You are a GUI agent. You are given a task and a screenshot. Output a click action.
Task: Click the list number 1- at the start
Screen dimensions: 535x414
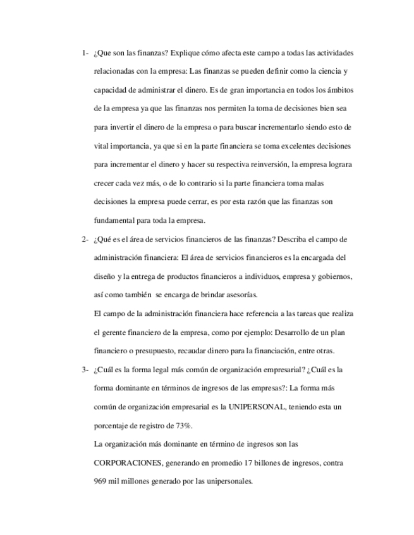[85, 52]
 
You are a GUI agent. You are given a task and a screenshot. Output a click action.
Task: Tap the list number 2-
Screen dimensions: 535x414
[85, 240]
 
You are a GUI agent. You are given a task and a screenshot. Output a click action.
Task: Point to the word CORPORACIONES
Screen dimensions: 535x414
[128, 463]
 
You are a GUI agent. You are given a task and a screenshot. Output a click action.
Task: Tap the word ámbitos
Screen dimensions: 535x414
[329, 90]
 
